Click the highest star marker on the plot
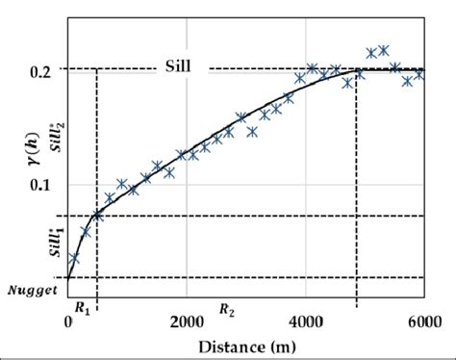pos(384,50)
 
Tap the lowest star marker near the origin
pos(74,258)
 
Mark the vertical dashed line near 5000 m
pos(358,193)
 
